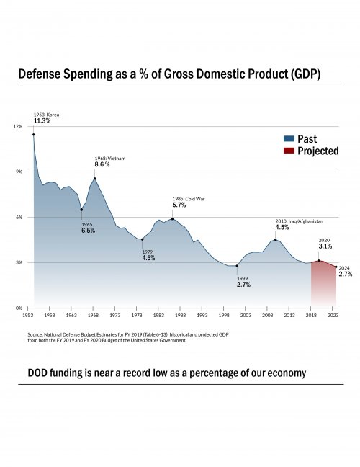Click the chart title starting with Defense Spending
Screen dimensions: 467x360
point(169,74)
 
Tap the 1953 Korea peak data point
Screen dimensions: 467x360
point(33,134)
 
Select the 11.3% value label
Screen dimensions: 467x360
point(42,121)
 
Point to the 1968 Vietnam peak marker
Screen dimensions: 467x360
point(94,178)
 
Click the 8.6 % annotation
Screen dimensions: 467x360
point(102,164)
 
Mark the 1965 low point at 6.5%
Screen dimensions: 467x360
point(81,210)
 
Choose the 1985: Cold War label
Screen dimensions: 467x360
point(189,198)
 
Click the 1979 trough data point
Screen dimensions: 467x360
point(143,239)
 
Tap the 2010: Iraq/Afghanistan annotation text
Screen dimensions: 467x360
point(299,221)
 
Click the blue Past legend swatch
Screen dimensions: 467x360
point(289,139)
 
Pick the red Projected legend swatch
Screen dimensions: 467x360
point(289,151)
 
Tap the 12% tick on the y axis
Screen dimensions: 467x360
point(19,126)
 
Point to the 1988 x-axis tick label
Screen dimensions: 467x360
point(180,315)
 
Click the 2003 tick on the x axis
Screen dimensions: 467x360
point(246,315)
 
